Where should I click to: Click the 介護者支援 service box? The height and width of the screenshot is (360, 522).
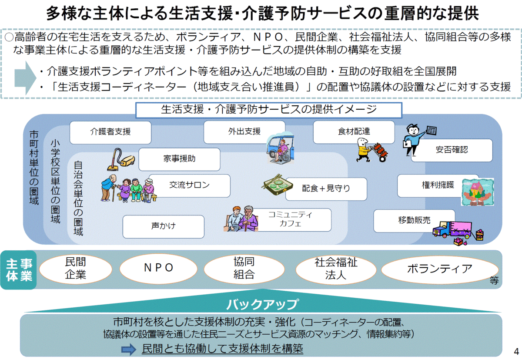(110, 132)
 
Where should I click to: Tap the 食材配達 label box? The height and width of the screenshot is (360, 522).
(354, 132)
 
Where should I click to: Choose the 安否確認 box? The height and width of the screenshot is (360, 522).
(452, 150)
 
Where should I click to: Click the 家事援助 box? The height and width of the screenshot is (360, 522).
(179, 159)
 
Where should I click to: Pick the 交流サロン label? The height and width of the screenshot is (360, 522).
(190, 185)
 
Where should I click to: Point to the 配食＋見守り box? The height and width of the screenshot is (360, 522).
(326, 189)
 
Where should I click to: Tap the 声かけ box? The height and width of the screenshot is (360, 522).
(164, 226)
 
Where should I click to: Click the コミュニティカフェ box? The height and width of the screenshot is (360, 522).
(290, 220)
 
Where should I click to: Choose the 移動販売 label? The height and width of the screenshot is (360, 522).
(414, 221)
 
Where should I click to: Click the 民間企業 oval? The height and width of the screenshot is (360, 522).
(76, 269)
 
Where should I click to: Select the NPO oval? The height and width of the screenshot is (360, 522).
(158, 269)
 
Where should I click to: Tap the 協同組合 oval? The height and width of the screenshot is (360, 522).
(244, 269)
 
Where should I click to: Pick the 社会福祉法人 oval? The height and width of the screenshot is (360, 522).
(336, 269)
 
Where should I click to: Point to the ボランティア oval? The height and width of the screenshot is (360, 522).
(440, 270)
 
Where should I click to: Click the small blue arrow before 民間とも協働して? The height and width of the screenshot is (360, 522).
(129, 349)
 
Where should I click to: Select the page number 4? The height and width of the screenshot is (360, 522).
(516, 351)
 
